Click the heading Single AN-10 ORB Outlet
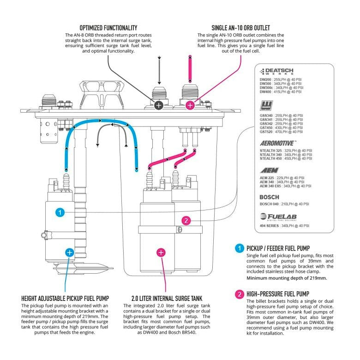pos(240,27)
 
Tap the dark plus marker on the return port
pos(158,105)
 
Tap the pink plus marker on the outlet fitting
pos(190,105)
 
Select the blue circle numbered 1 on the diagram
pos(59,212)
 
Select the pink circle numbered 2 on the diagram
pos(186,221)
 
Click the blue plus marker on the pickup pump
pos(69,252)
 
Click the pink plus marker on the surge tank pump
pos(161,252)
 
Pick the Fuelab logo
pos(278,216)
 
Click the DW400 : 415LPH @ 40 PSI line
pos(281,92)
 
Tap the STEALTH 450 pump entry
pos(282,159)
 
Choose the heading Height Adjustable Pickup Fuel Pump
pos(65,298)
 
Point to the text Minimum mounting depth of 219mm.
pos(287,278)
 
